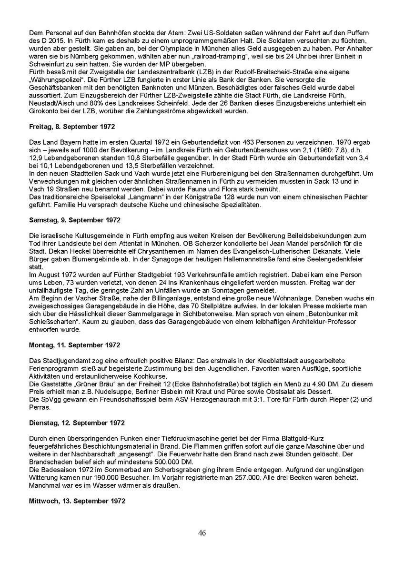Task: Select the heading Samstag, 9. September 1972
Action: (75, 220)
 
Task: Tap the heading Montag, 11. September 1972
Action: (74, 345)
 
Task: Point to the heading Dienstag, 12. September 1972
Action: (77, 422)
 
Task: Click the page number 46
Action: (202, 533)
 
